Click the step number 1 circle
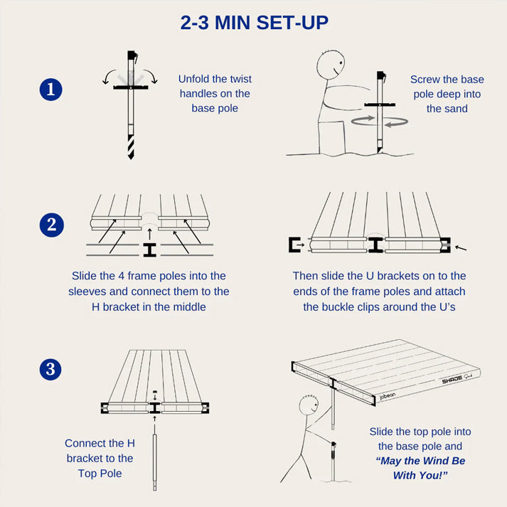tap(50, 90)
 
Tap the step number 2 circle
tap(51, 225)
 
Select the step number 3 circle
tap(50, 369)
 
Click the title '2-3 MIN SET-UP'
tap(254, 23)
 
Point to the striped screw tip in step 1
tap(131, 146)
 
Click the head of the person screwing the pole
tap(331, 65)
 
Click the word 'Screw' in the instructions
tap(423, 80)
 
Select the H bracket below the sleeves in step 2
tap(150, 250)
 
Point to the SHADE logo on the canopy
tap(452, 380)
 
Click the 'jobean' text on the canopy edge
tap(387, 396)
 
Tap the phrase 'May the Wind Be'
tap(421, 461)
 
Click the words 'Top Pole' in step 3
tap(100, 474)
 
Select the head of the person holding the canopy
tap(309, 405)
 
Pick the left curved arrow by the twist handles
tap(109, 76)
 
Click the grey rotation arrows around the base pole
tap(380, 122)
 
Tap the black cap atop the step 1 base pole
tap(132, 55)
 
